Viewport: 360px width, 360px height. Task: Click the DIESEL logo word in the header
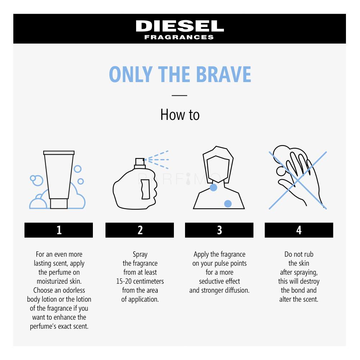(x=180, y=26)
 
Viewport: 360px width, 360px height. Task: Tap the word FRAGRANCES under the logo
(x=179, y=37)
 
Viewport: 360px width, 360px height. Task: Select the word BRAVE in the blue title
(x=224, y=74)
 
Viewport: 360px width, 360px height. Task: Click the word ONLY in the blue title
(x=131, y=74)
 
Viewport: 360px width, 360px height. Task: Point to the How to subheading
(x=180, y=114)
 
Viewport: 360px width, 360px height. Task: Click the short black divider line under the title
(x=180, y=95)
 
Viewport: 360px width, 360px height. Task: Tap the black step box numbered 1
(x=59, y=230)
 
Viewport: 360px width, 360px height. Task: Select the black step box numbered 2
(x=140, y=230)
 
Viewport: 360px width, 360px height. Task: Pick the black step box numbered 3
(x=219, y=230)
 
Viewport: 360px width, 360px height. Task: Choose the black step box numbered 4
(x=299, y=230)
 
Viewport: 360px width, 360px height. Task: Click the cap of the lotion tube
(x=59, y=204)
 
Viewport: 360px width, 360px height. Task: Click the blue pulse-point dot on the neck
(x=213, y=187)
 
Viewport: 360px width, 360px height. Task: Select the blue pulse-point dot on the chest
(x=228, y=204)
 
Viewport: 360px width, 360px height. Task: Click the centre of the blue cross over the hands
(x=298, y=181)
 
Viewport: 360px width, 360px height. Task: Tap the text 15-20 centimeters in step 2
(x=140, y=281)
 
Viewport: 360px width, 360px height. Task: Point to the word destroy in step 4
(x=310, y=282)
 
